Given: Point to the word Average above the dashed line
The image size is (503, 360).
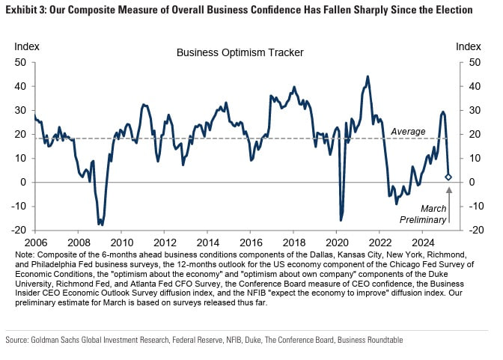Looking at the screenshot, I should tap(408, 131).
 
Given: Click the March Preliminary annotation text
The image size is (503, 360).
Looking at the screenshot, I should tap(433, 214).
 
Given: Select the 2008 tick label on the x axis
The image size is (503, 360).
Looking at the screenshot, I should tap(79, 242).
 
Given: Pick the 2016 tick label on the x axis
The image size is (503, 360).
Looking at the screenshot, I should tap(252, 242).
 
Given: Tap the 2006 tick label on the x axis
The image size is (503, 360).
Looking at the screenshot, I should tap(35, 242).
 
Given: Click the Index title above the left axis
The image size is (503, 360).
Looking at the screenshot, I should tap(26, 46).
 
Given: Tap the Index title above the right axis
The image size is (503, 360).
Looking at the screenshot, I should tap(468, 46).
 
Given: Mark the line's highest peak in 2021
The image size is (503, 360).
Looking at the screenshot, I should tap(367, 76).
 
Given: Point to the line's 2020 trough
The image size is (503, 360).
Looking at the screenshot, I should tap(341, 220).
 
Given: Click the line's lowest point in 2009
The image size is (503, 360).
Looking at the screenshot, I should tap(100, 225).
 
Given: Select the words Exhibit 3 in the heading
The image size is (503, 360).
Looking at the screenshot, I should tap(27, 10).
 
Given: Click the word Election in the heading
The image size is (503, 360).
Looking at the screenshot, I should tap(451, 10).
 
